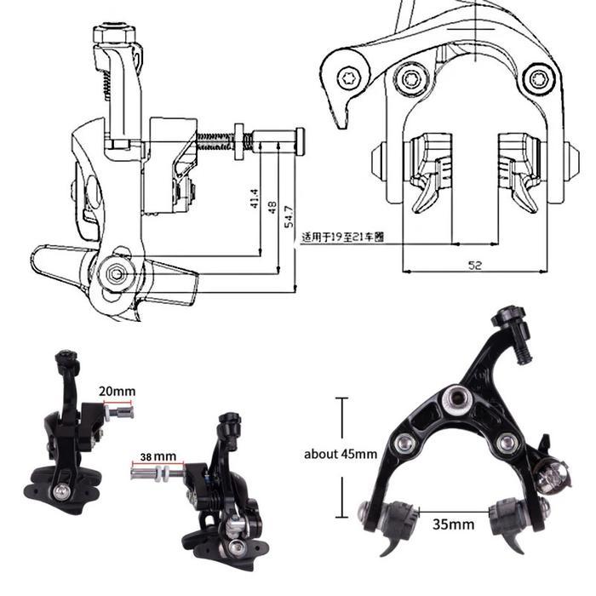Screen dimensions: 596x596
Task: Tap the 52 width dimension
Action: click(475, 265)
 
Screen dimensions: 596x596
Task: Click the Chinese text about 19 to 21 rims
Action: click(341, 238)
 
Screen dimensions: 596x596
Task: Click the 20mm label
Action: click(117, 392)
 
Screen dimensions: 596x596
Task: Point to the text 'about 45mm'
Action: click(341, 454)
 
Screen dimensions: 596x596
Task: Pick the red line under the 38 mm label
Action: click(152, 464)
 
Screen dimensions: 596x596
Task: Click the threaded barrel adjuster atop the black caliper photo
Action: click(517, 328)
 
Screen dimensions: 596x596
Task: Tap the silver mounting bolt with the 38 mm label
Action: click(156, 470)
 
